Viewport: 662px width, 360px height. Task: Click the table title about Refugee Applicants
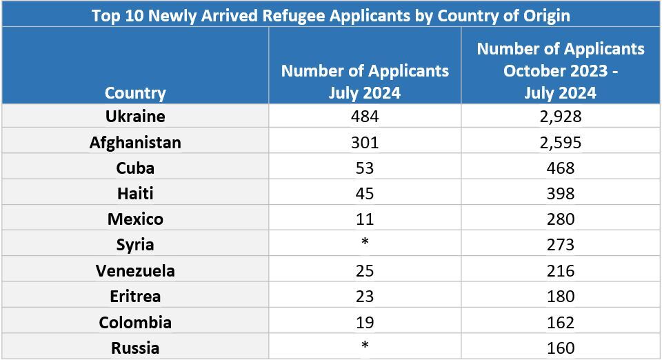[331, 14]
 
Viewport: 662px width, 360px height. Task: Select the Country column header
[135, 92]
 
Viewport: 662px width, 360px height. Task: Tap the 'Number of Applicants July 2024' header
[365, 81]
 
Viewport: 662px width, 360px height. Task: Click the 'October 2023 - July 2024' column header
[560, 70]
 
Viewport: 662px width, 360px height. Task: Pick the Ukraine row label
[135, 116]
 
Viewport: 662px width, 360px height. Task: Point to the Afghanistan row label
[135, 142]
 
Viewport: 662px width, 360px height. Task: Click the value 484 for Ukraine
[365, 116]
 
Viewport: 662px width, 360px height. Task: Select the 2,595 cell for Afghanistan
[560, 142]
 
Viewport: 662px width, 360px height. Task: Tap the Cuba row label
[135, 168]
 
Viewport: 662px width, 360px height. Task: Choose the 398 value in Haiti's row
[560, 194]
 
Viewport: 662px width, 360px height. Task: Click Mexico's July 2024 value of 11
[365, 219]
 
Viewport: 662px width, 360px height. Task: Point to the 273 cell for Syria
[560, 245]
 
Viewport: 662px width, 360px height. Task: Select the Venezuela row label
[135, 270]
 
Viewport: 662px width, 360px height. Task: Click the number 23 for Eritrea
[365, 296]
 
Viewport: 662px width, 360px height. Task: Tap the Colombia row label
[135, 322]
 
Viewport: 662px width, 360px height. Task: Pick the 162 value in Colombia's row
[560, 322]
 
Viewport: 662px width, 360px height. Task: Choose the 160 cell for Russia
[560, 348]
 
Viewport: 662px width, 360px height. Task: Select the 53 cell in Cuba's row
[365, 168]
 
